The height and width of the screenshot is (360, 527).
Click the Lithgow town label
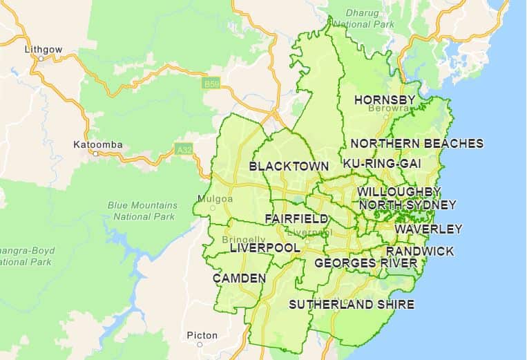[43, 50]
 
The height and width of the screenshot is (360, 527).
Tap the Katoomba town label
[97, 144]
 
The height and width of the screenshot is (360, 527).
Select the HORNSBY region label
[385, 100]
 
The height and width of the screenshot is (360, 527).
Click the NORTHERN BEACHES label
[417, 144]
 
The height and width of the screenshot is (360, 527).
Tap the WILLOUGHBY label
[399, 191]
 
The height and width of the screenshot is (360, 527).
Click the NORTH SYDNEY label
[408, 205]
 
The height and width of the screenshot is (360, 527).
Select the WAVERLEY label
[428, 229]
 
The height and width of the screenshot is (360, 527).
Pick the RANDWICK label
[420, 251]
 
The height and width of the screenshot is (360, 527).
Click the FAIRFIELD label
[296, 218]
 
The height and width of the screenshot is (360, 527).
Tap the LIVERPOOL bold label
[265, 247]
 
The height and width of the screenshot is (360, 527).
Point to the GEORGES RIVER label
[365, 263]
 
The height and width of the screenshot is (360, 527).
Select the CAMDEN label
[239, 278]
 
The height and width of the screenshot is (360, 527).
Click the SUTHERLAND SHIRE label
[352, 304]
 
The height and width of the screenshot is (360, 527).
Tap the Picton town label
[202, 336]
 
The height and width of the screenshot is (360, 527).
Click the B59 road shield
[211, 84]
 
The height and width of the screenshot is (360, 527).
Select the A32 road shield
[183, 149]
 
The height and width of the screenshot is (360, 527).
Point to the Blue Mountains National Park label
[142, 211]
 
